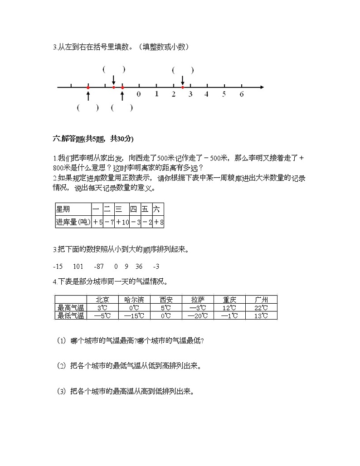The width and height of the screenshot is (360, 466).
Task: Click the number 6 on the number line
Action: click(242, 94)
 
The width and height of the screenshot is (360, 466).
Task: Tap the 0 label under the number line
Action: click(139, 94)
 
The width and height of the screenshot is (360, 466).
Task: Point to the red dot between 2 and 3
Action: click(182, 87)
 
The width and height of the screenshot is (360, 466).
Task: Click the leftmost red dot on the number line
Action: click(88, 87)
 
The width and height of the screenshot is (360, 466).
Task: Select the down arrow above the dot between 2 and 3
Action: click(182, 79)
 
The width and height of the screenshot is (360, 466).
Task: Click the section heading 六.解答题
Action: click(93, 139)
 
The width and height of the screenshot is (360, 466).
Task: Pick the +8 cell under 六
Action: click(158, 222)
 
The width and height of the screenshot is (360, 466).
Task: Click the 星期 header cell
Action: click(73, 209)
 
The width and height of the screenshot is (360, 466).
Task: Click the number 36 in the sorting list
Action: click(139, 266)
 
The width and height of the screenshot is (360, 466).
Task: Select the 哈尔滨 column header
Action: click(134, 300)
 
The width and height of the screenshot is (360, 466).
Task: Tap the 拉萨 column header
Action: click(198, 300)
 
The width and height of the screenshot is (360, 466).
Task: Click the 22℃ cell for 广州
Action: click(261, 308)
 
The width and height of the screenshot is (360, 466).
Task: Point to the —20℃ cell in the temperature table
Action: click(198, 316)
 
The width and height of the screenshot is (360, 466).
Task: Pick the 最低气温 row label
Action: click(70, 316)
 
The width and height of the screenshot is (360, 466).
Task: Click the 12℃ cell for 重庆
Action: click(229, 308)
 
